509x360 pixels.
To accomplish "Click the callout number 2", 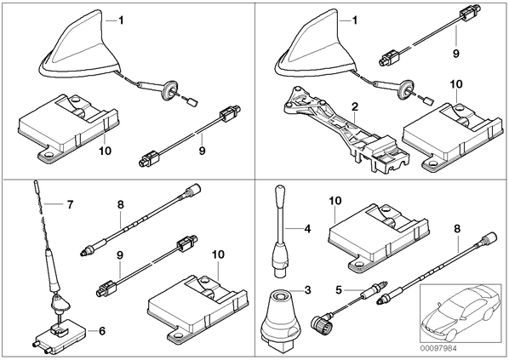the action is (x=355, y=106).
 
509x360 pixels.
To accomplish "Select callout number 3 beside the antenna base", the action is (x=307, y=289).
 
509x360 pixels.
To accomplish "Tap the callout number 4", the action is (x=307, y=229).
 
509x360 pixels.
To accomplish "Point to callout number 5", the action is (x=339, y=289).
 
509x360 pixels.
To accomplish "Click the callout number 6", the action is (x=102, y=331).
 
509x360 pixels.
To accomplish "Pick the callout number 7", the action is (x=70, y=204).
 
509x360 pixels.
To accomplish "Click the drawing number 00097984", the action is (x=438, y=348).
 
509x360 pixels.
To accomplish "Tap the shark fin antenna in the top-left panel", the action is (x=78, y=45).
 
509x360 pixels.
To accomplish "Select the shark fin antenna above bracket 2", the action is (x=314, y=45).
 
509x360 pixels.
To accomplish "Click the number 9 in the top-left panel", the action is (x=202, y=151).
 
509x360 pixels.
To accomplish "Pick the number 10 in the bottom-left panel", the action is (x=218, y=254).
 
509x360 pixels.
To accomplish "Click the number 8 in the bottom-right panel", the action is (x=457, y=229).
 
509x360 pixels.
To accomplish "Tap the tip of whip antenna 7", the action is (x=34, y=183).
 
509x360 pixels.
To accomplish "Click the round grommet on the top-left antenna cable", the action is (x=171, y=89).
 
